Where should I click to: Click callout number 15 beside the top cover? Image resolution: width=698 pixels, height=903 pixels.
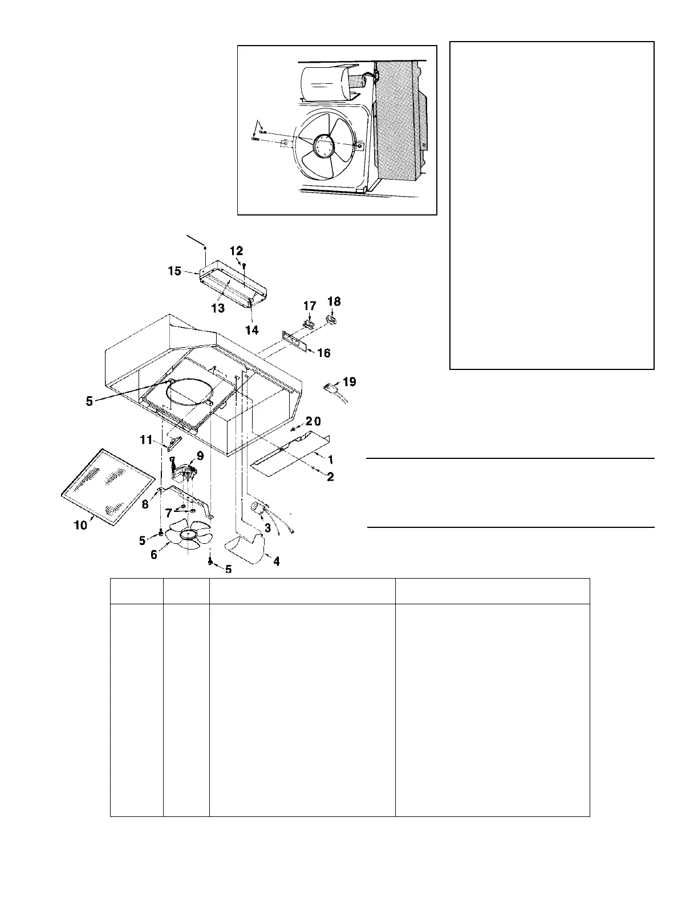174,271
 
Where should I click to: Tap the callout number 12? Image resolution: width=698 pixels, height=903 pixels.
236,251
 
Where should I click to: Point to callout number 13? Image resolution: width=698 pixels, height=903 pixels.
218,308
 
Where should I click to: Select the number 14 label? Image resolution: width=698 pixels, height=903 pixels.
251,330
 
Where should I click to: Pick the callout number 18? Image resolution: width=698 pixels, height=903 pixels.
334,301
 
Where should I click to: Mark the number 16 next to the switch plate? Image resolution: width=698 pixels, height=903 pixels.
323,353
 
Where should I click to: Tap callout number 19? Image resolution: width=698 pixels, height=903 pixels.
349,381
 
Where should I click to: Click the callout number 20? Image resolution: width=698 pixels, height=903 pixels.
313,421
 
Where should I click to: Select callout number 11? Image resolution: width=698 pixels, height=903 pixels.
147,440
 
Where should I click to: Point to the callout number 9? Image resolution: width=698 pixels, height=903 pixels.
200,456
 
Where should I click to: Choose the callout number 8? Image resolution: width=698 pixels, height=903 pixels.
145,504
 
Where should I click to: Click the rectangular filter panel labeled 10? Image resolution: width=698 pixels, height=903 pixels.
108,485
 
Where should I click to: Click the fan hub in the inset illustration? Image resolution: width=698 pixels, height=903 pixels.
324,144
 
